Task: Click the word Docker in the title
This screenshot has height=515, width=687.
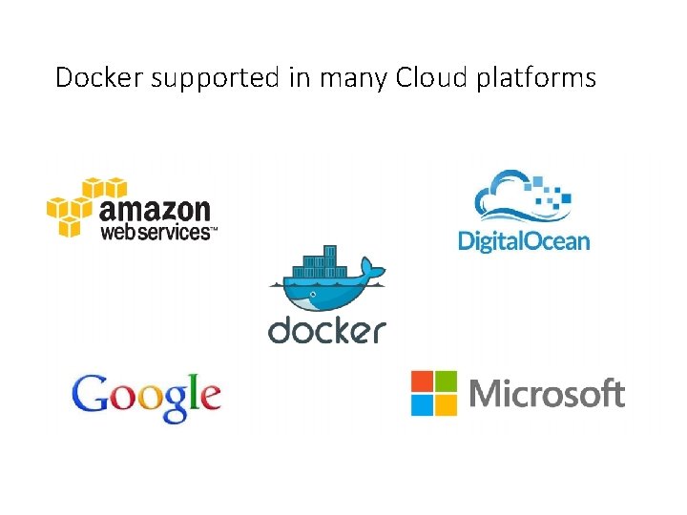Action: (x=99, y=77)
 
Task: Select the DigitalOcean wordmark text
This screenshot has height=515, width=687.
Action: (x=524, y=239)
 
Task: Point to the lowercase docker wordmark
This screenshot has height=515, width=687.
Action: (x=327, y=330)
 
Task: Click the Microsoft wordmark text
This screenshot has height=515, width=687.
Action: (x=547, y=393)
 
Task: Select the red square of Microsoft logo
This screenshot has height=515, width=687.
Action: (x=423, y=381)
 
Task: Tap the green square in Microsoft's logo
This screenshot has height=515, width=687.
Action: (x=447, y=381)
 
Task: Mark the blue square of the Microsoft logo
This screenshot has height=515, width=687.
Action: (x=423, y=404)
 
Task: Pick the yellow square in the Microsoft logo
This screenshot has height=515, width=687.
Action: (x=447, y=404)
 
